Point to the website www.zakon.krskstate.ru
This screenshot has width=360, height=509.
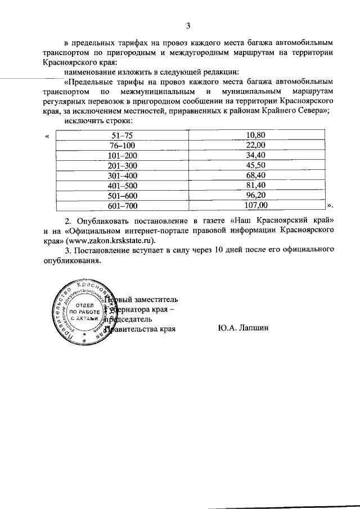(116, 240)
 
